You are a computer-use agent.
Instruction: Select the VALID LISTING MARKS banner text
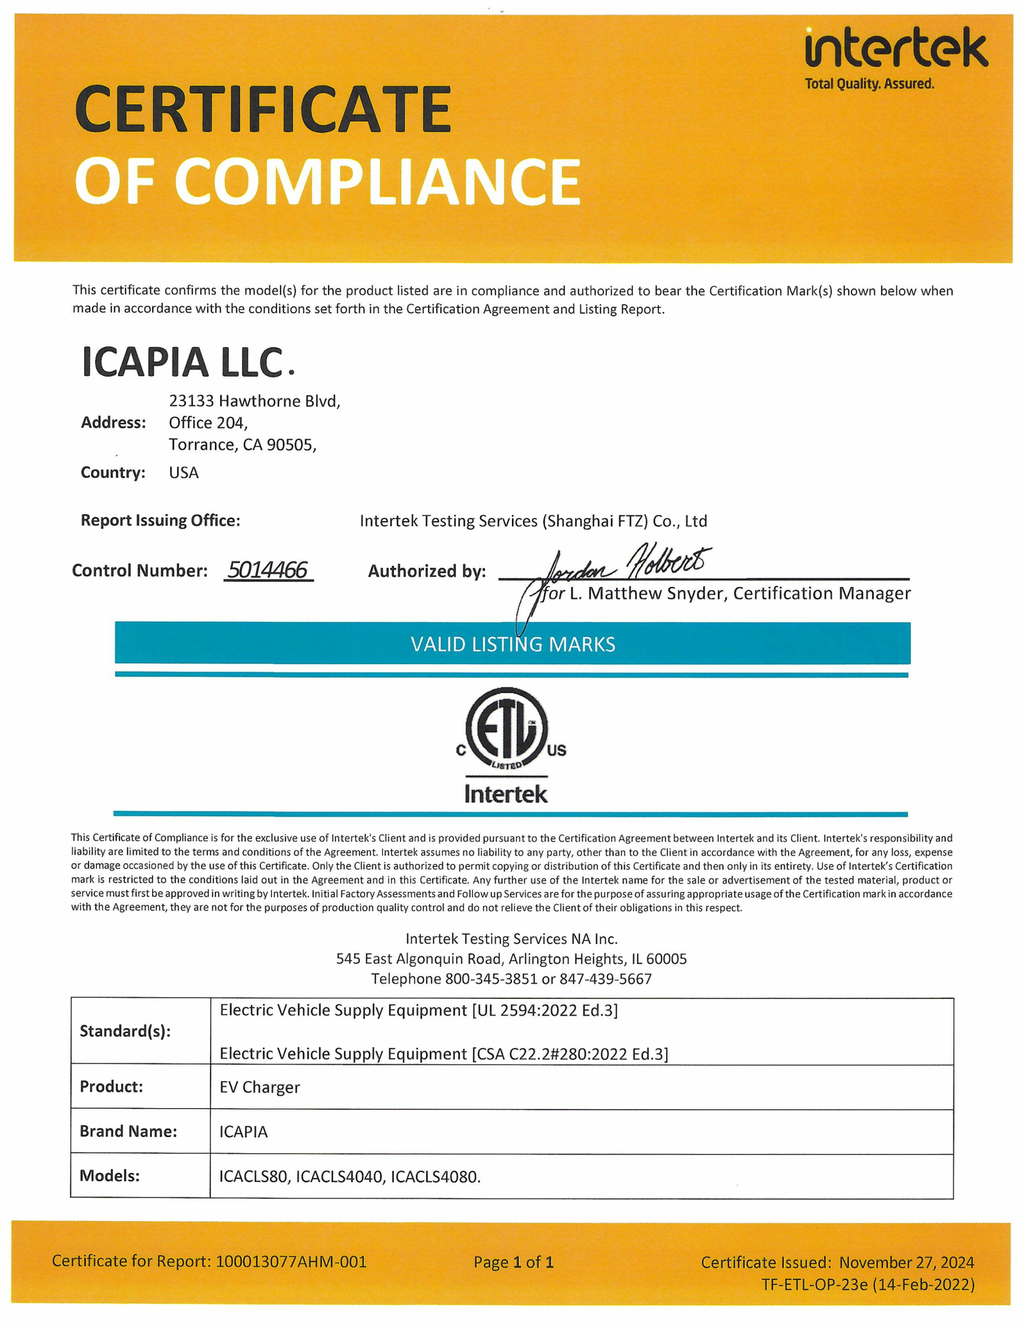coord(513,644)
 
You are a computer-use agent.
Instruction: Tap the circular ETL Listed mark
coord(507,728)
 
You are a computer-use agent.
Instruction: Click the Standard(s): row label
coord(125,1031)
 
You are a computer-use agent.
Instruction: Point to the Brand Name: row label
coord(128,1131)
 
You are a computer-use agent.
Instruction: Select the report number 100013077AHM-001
coord(291,1261)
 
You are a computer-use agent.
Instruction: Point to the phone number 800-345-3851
coord(491,979)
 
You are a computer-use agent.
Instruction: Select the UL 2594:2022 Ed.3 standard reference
coord(545,1010)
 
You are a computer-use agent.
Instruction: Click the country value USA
coord(183,473)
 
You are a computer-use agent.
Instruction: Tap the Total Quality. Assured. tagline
coord(869,84)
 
